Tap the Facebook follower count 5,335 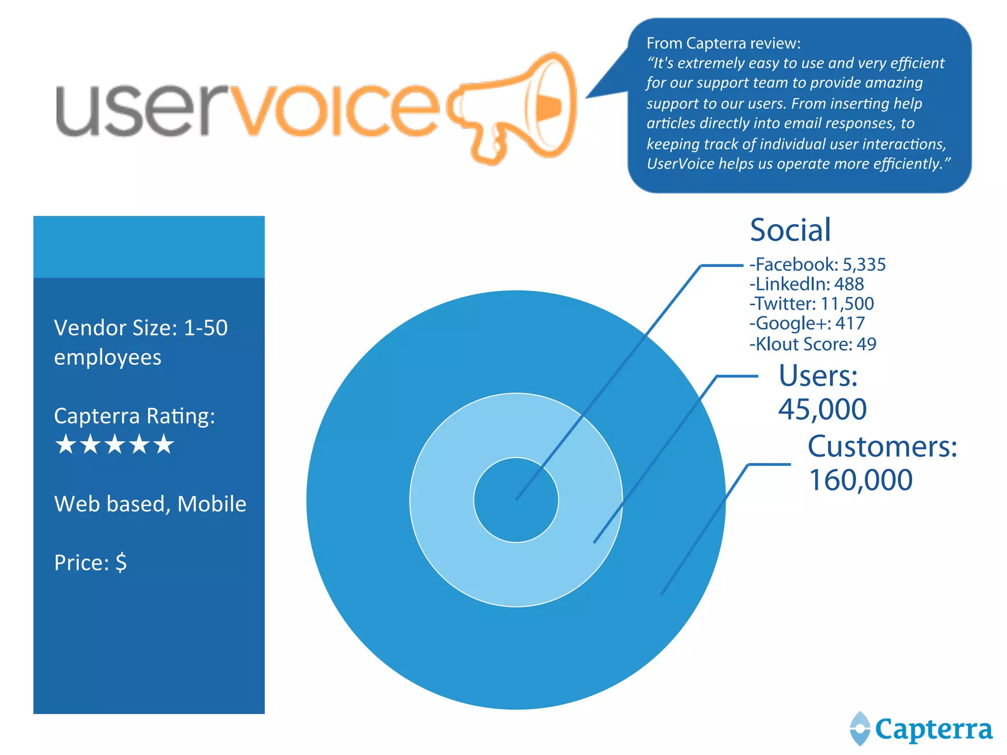[x=864, y=264]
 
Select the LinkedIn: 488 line [x=806, y=284]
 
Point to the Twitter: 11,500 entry [x=811, y=304]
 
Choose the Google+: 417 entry [x=806, y=323]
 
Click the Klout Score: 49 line [x=812, y=344]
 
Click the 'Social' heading [x=790, y=230]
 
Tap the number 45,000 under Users [x=822, y=409]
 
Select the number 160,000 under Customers [x=860, y=480]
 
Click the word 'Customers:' [x=882, y=447]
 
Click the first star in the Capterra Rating [x=66, y=444]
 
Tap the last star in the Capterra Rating [x=164, y=444]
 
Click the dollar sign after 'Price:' [x=121, y=562]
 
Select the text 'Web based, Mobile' [x=150, y=504]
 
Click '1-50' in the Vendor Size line [x=206, y=328]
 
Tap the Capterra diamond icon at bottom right [x=860, y=728]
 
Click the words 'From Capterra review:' [x=723, y=43]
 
